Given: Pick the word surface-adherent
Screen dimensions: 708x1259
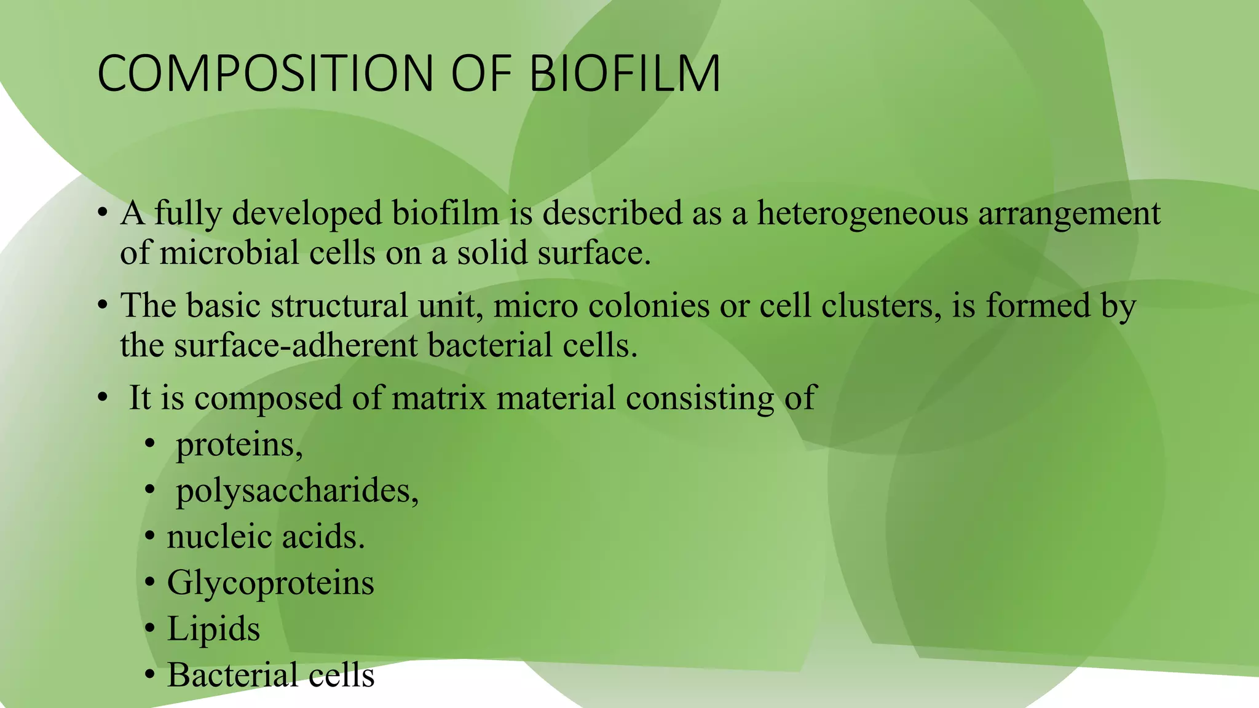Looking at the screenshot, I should pyautogui.click(x=295, y=345).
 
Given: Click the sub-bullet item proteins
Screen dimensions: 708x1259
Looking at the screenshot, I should pyautogui.click(x=239, y=445).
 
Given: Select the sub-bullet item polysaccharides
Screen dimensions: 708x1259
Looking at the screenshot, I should pyautogui.click(x=297, y=492).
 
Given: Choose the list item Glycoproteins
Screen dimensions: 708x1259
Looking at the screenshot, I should pyautogui.click(x=270, y=583).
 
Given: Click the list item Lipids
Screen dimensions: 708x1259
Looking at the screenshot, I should pyautogui.click(x=213, y=629).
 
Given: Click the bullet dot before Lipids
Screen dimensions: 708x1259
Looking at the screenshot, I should pyautogui.click(x=150, y=629).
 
